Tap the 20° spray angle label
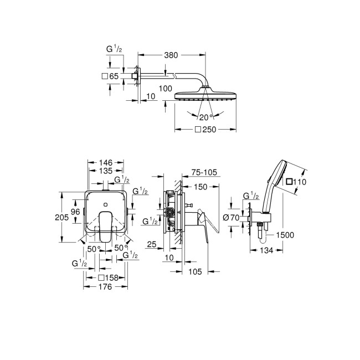click(206, 117)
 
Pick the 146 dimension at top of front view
click(106, 162)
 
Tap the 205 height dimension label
click(61, 218)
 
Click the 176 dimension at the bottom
click(105, 287)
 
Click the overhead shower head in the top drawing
click(206, 96)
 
